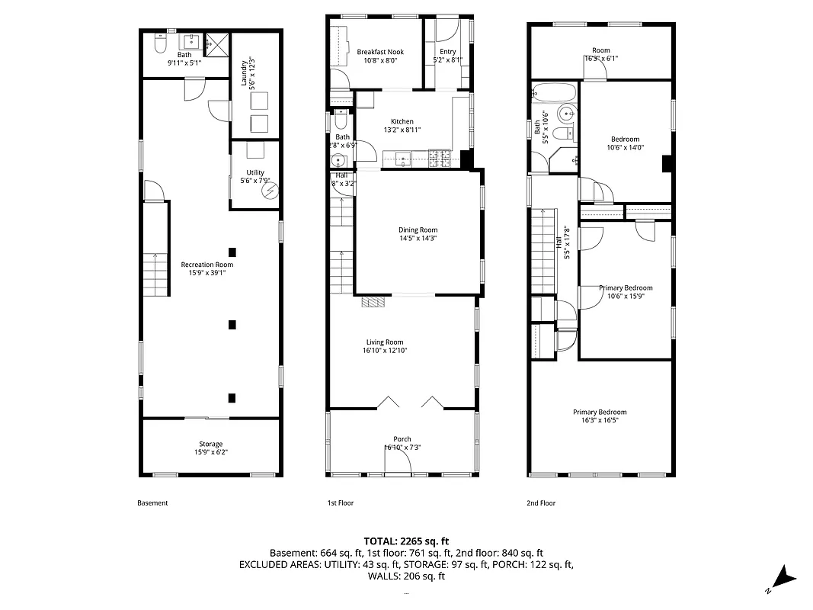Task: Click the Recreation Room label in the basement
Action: point(203,265)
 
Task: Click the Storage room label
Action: point(211,444)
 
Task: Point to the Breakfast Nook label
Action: point(380,52)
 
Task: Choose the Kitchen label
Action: point(402,122)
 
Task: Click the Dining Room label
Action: point(418,230)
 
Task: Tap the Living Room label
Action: point(383,342)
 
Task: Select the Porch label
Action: point(402,438)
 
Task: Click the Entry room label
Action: point(447,52)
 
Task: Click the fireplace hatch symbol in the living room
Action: point(374,302)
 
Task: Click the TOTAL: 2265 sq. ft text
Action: point(406,540)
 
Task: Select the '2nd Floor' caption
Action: point(541,503)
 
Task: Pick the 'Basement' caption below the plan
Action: point(152,503)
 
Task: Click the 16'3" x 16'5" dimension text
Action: point(600,420)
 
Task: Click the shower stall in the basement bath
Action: point(217,43)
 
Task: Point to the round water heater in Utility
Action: point(268,192)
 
